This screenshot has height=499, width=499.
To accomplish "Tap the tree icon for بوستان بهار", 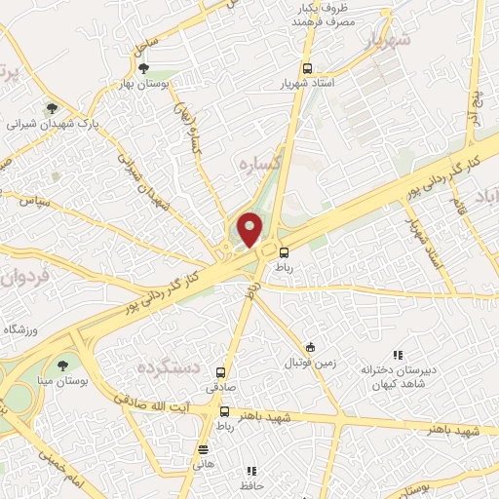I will click(x=144, y=68).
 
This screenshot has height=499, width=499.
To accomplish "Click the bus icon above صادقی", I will click(x=222, y=372).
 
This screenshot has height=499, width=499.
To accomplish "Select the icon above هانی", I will click(x=203, y=449).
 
